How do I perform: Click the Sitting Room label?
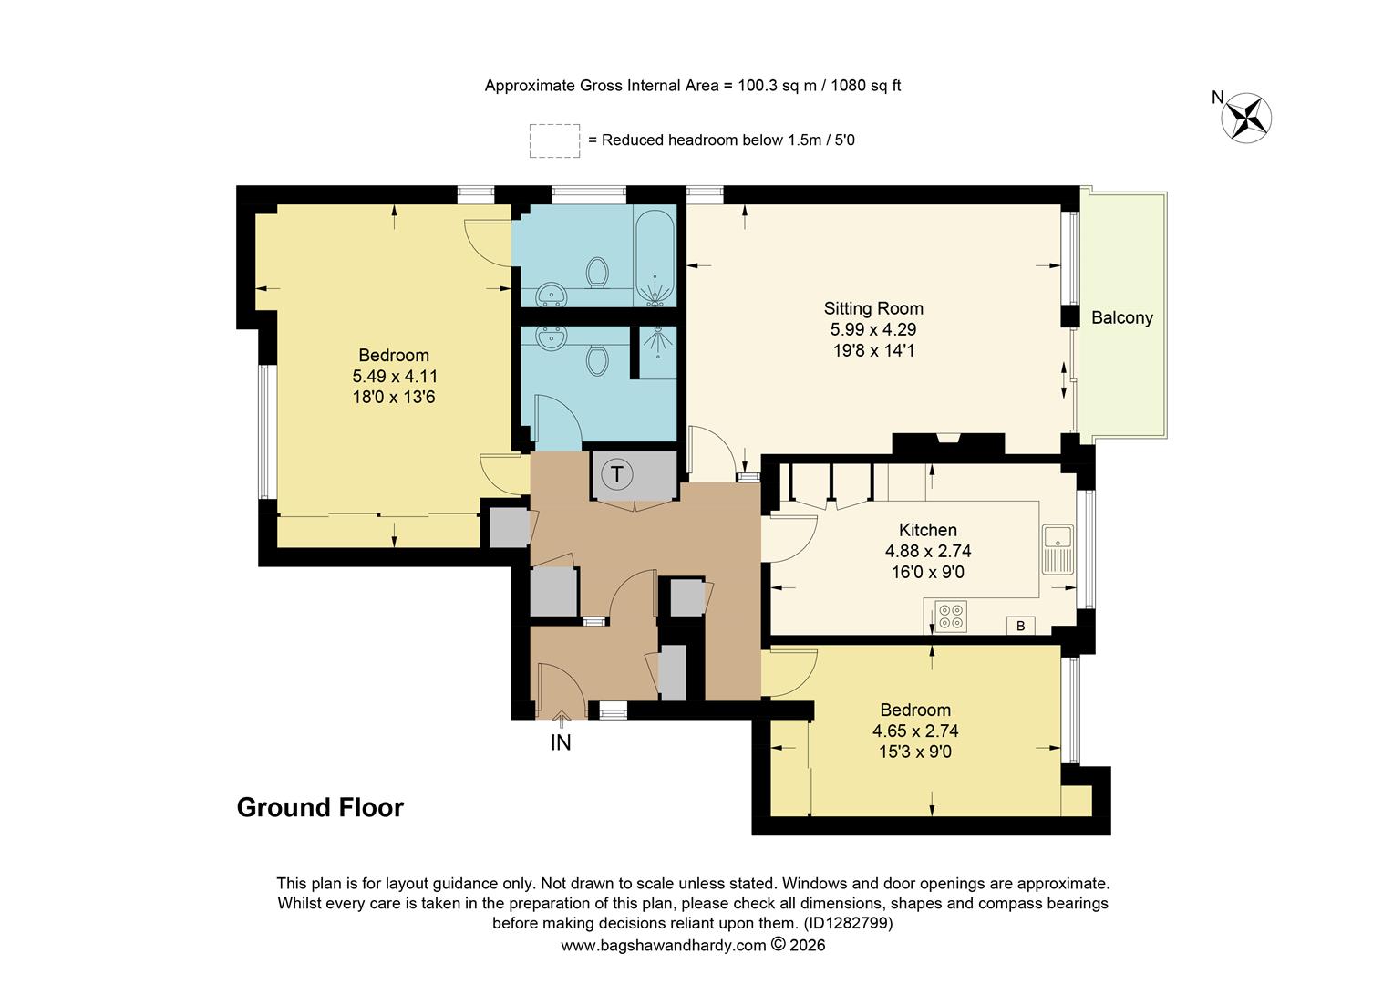(873, 308)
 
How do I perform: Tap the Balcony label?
(1121, 317)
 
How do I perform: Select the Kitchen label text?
(927, 530)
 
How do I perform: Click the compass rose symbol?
(1246, 118)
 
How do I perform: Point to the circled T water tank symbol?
(617, 474)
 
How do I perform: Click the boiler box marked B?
(1020, 626)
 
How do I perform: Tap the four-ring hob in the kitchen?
(951, 617)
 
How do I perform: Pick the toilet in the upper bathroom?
(597, 272)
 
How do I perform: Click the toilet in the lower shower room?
(597, 358)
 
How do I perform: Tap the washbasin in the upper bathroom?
(550, 294)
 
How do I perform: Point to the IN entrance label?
(561, 742)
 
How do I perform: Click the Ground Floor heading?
(320, 807)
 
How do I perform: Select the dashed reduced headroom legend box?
(554, 140)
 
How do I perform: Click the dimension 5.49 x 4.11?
(393, 376)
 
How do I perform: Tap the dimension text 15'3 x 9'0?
(914, 752)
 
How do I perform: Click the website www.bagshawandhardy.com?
(663, 945)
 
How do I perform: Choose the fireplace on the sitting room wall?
(948, 440)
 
